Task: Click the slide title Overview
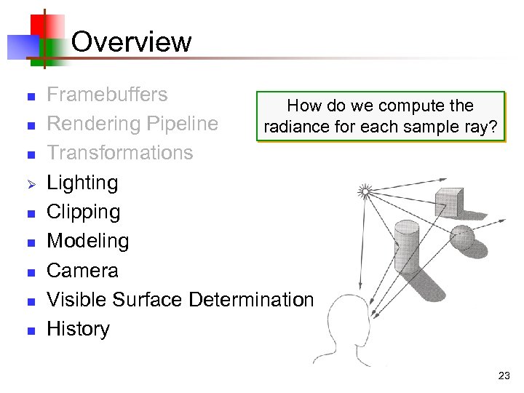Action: pos(132,41)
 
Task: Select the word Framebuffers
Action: pos(107,95)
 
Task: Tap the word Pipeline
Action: pos(182,124)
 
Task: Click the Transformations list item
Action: pos(119,153)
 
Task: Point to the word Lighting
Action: pos(82,182)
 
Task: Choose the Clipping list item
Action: pos(83,212)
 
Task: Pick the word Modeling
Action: pos(87,241)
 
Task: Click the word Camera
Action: pos(82,270)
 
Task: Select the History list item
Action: pos(78,329)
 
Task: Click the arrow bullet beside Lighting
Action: pos(31,183)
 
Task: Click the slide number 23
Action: pos(504,376)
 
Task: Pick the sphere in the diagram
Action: pos(462,237)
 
